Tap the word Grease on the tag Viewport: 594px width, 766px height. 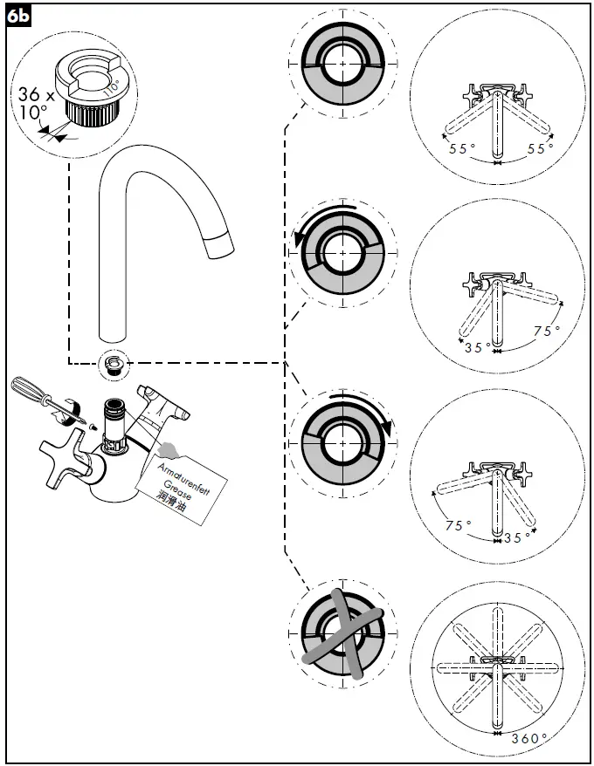tap(177, 483)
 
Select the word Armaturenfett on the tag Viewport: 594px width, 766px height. tap(183, 472)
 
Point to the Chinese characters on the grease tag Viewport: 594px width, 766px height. tap(172, 497)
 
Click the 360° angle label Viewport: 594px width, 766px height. tap(530, 737)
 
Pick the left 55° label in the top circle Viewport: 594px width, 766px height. tap(462, 149)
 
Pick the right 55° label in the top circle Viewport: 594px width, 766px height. tap(541, 149)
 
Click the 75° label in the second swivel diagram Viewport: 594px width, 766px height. tap(546, 332)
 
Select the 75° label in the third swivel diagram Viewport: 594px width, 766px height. tap(457, 526)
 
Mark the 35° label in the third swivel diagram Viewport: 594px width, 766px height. tap(518, 537)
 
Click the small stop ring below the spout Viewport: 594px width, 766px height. tap(111, 363)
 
